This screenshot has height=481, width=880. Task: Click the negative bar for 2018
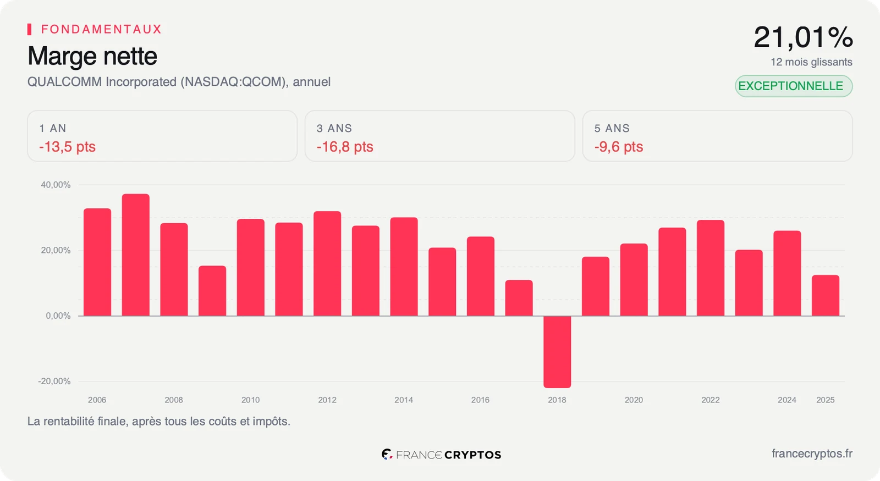click(x=557, y=352)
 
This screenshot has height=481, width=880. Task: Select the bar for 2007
click(x=135, y=255)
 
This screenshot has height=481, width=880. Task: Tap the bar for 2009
click(x=212, y=291)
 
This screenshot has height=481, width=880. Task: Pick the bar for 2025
click(x=826, y=295)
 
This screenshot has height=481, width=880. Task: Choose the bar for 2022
click(x=710, y=268)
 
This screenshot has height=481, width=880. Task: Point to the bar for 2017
click(x=519, y=298)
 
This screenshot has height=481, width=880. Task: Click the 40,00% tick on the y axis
click(x=56, y=185)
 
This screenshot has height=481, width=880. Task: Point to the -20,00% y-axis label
click(x=54, y=382)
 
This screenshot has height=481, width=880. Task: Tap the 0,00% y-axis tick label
click(x=58, y=316)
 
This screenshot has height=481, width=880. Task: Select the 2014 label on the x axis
click(x=404, y=400)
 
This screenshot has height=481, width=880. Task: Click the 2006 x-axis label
click(x=97, y=400)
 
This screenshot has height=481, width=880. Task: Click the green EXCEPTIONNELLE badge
click(x=794, y=86)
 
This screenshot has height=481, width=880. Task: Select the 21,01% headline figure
click(x=803, y=38)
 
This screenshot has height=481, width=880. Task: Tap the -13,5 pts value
click(x=67, y=147)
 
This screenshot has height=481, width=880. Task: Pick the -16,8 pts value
click(x=345, y=147)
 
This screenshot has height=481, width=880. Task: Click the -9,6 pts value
click(x=619, y=147)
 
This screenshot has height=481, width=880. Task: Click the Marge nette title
click(x=92, y=56)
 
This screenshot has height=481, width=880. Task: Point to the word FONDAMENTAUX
click(x=101, y=29)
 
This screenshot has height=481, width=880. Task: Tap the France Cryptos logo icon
click(x=387, y=454)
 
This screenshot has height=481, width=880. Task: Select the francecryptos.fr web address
click(x=812, y=454)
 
